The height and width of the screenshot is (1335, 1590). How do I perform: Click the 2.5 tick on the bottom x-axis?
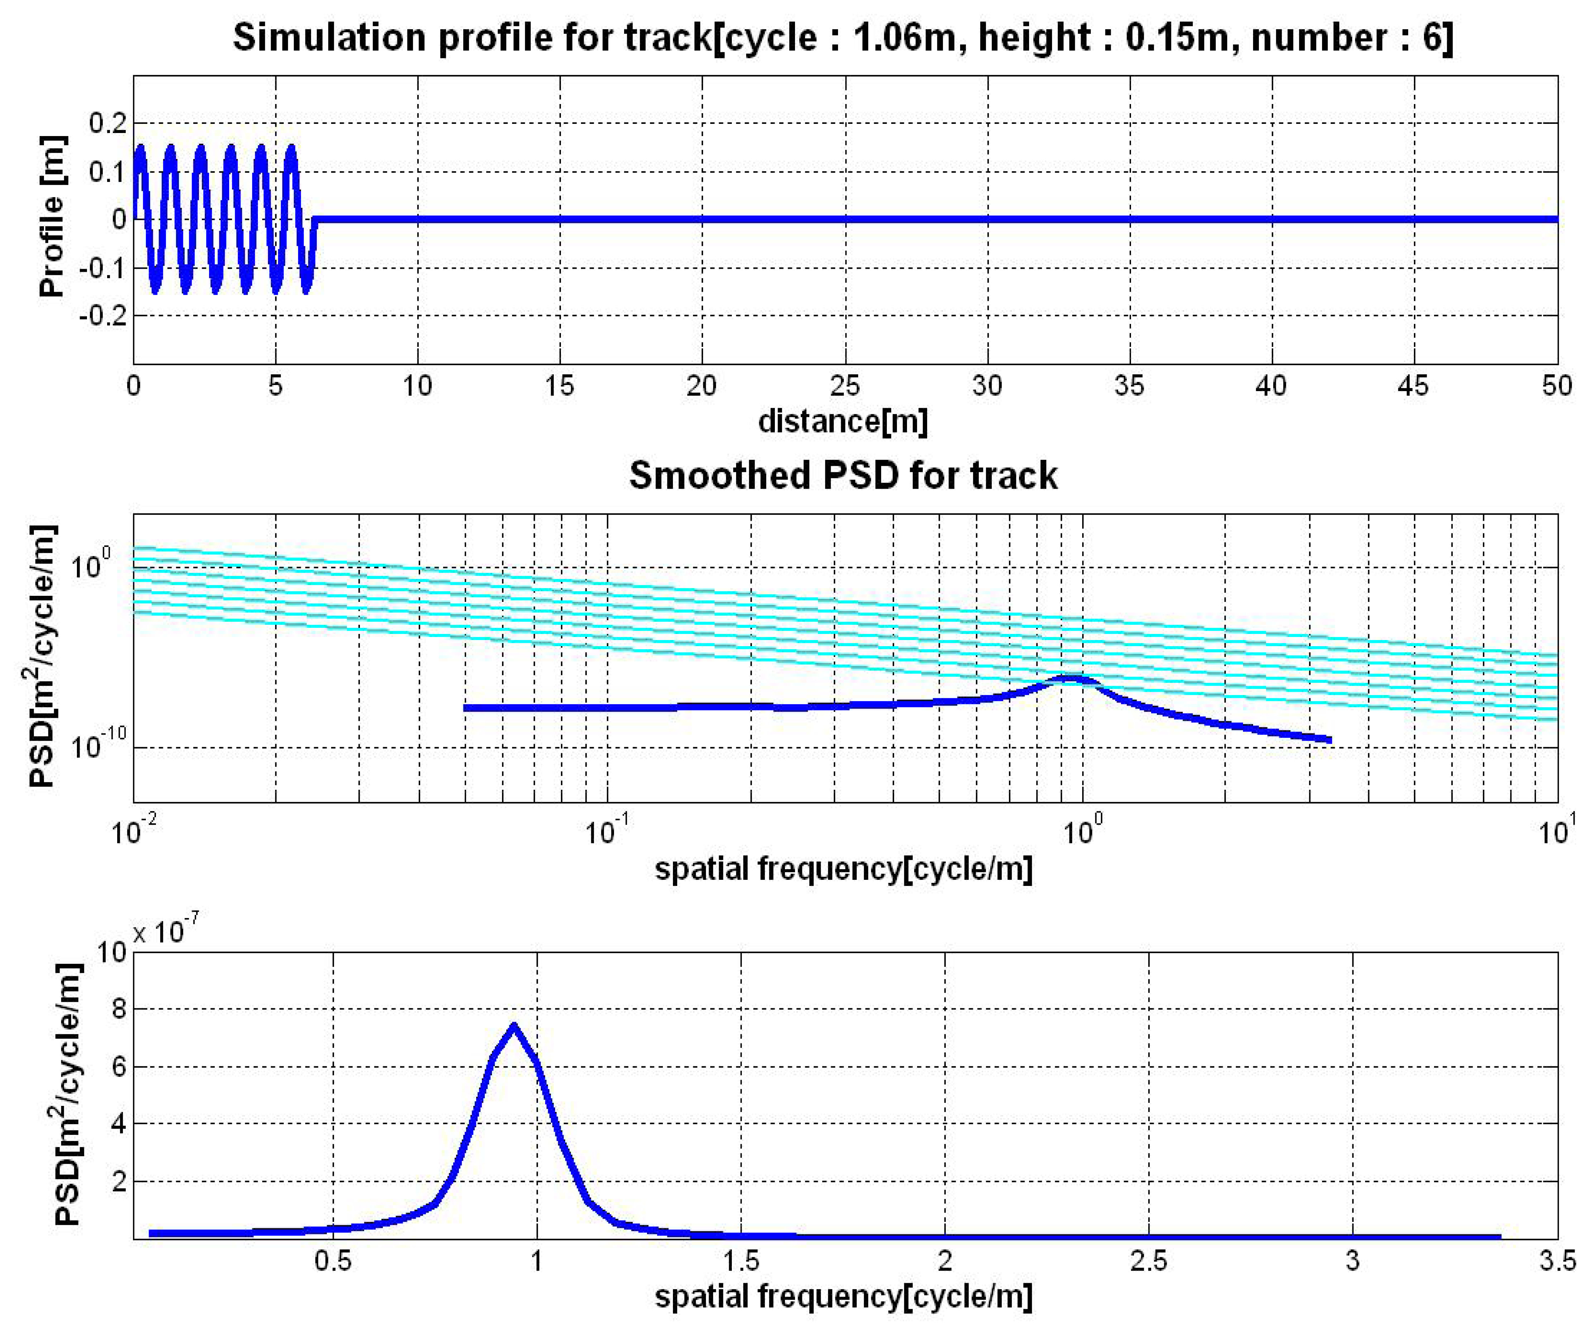pos(1149,1261)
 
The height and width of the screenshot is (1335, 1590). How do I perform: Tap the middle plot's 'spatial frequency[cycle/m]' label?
pos(843,869)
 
